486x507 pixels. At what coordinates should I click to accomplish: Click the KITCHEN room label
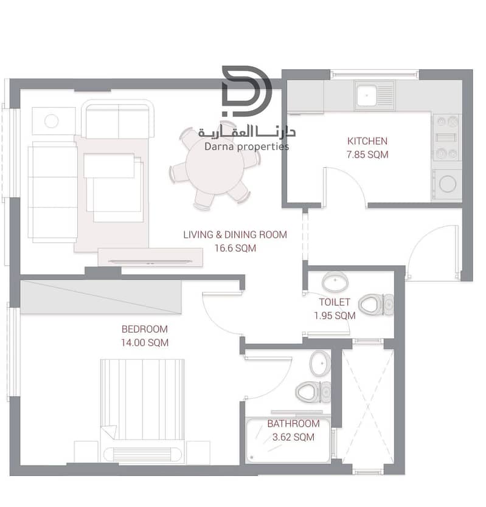[x=367, y=141]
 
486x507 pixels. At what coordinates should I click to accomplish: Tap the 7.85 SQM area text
[x=367, y=154]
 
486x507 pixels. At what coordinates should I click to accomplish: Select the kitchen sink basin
[x=367, y=95]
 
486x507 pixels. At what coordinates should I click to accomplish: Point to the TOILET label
[x=335, y=302]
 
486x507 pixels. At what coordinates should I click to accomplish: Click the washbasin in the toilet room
[x=335, y=281]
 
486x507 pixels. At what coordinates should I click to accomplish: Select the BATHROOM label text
[x=293, y=424]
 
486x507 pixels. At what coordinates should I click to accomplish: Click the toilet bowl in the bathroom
[x=307, y=392]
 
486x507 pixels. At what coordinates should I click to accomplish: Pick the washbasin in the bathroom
[x=320, y=363]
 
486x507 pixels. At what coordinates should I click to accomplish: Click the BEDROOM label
[x=145, y=329]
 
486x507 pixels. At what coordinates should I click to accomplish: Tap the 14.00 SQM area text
[x=145, y=343]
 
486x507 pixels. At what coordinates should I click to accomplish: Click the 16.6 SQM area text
[x=235, y=248]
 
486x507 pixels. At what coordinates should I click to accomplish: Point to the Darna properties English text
[x=246, y=147]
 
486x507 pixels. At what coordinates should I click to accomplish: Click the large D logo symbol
[x=246, y=91]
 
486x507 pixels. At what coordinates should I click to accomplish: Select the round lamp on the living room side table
[x=52, y=121]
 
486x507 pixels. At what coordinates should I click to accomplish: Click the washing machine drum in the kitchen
[x=448, y=184]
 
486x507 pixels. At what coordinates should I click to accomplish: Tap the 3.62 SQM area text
[x=293, y=437]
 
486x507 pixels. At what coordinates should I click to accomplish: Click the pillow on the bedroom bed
[x=143, y=455]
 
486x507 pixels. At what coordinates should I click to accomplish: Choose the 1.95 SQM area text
[x=335, y=316]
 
